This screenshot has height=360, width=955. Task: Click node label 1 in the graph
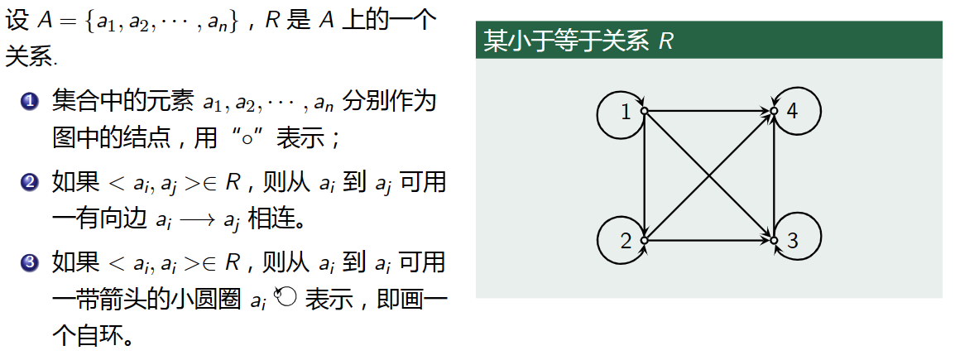(626, 112)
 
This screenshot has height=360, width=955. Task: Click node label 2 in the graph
(626, 242)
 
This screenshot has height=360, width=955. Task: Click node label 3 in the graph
(792, 242)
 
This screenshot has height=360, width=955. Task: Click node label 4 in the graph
(792, 112)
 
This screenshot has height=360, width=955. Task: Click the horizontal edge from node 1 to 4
(708, 110)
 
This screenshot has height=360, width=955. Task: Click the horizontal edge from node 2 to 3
(708, 240)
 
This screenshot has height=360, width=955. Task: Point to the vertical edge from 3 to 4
(774, 175)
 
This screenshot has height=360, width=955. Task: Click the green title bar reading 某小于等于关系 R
(709, 41)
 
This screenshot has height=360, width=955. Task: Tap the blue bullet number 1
(31, 103)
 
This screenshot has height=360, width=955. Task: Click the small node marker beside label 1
(643, 110)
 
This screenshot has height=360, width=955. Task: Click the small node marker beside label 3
(774, 240)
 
